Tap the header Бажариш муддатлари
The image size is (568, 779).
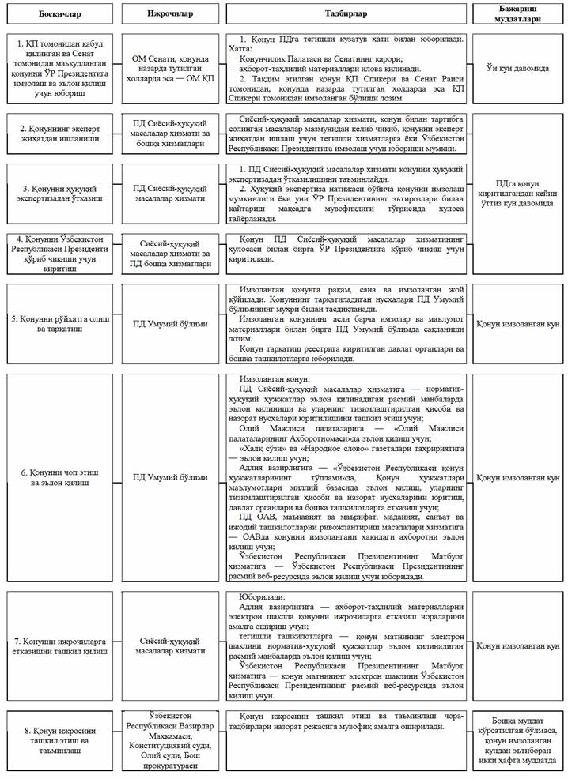(519, 13)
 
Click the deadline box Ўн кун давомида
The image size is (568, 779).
(519, 69)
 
